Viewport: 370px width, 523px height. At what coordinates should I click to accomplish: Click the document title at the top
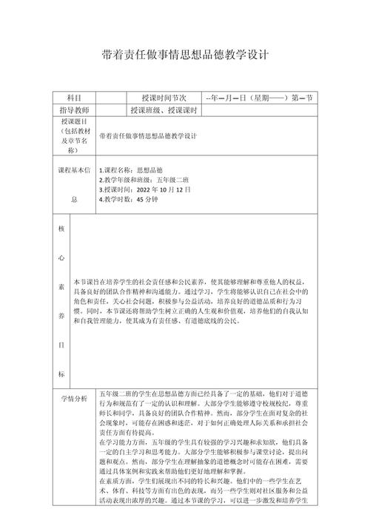pyautogui.click(x=185, y=55)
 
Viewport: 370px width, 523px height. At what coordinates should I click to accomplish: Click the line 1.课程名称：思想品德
pyautogui.click(x=131, y=170)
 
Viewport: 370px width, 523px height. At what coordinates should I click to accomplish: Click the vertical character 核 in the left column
pyautogui.click(x=61, y=229)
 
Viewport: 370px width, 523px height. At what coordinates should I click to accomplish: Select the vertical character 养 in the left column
pyautogui.click(x=61, y=313)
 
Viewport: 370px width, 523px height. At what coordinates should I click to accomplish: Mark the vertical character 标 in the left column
pyautogui.click(x=61, y=372)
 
